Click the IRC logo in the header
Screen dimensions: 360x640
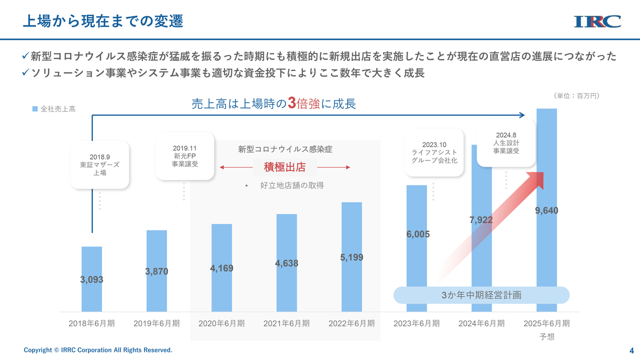pyautogui.click(x=597, y=21)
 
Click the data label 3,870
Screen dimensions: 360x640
pyautogui.click(x=156, y=271)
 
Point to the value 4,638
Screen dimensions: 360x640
pyautogui.click(x=286, y=263)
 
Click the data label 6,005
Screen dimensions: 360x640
pyautogui.click(x=417, y=234)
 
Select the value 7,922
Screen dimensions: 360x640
pyautogui.click(x=481, y=220)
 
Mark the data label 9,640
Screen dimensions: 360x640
pyautogui.click(x=546, y=210)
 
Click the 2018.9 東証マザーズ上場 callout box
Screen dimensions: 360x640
pyautogui.click(x=99, y=164)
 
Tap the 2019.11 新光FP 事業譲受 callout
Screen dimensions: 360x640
pyautogui.click(x=184, y=156)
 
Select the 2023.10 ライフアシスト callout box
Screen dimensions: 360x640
pyautogui.click(x=434, y=152)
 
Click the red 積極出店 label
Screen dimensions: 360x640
pyautogui.click(x=284, y=167)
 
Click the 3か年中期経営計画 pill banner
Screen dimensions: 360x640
pyautogui.click(x=481, y=295)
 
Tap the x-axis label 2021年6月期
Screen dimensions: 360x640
pyautogui.click(x=286, y=323)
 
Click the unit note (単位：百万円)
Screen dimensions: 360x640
pyautogui.click(x=576, y=95)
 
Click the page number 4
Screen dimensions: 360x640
pyautogui.click(x=631, y=350)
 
